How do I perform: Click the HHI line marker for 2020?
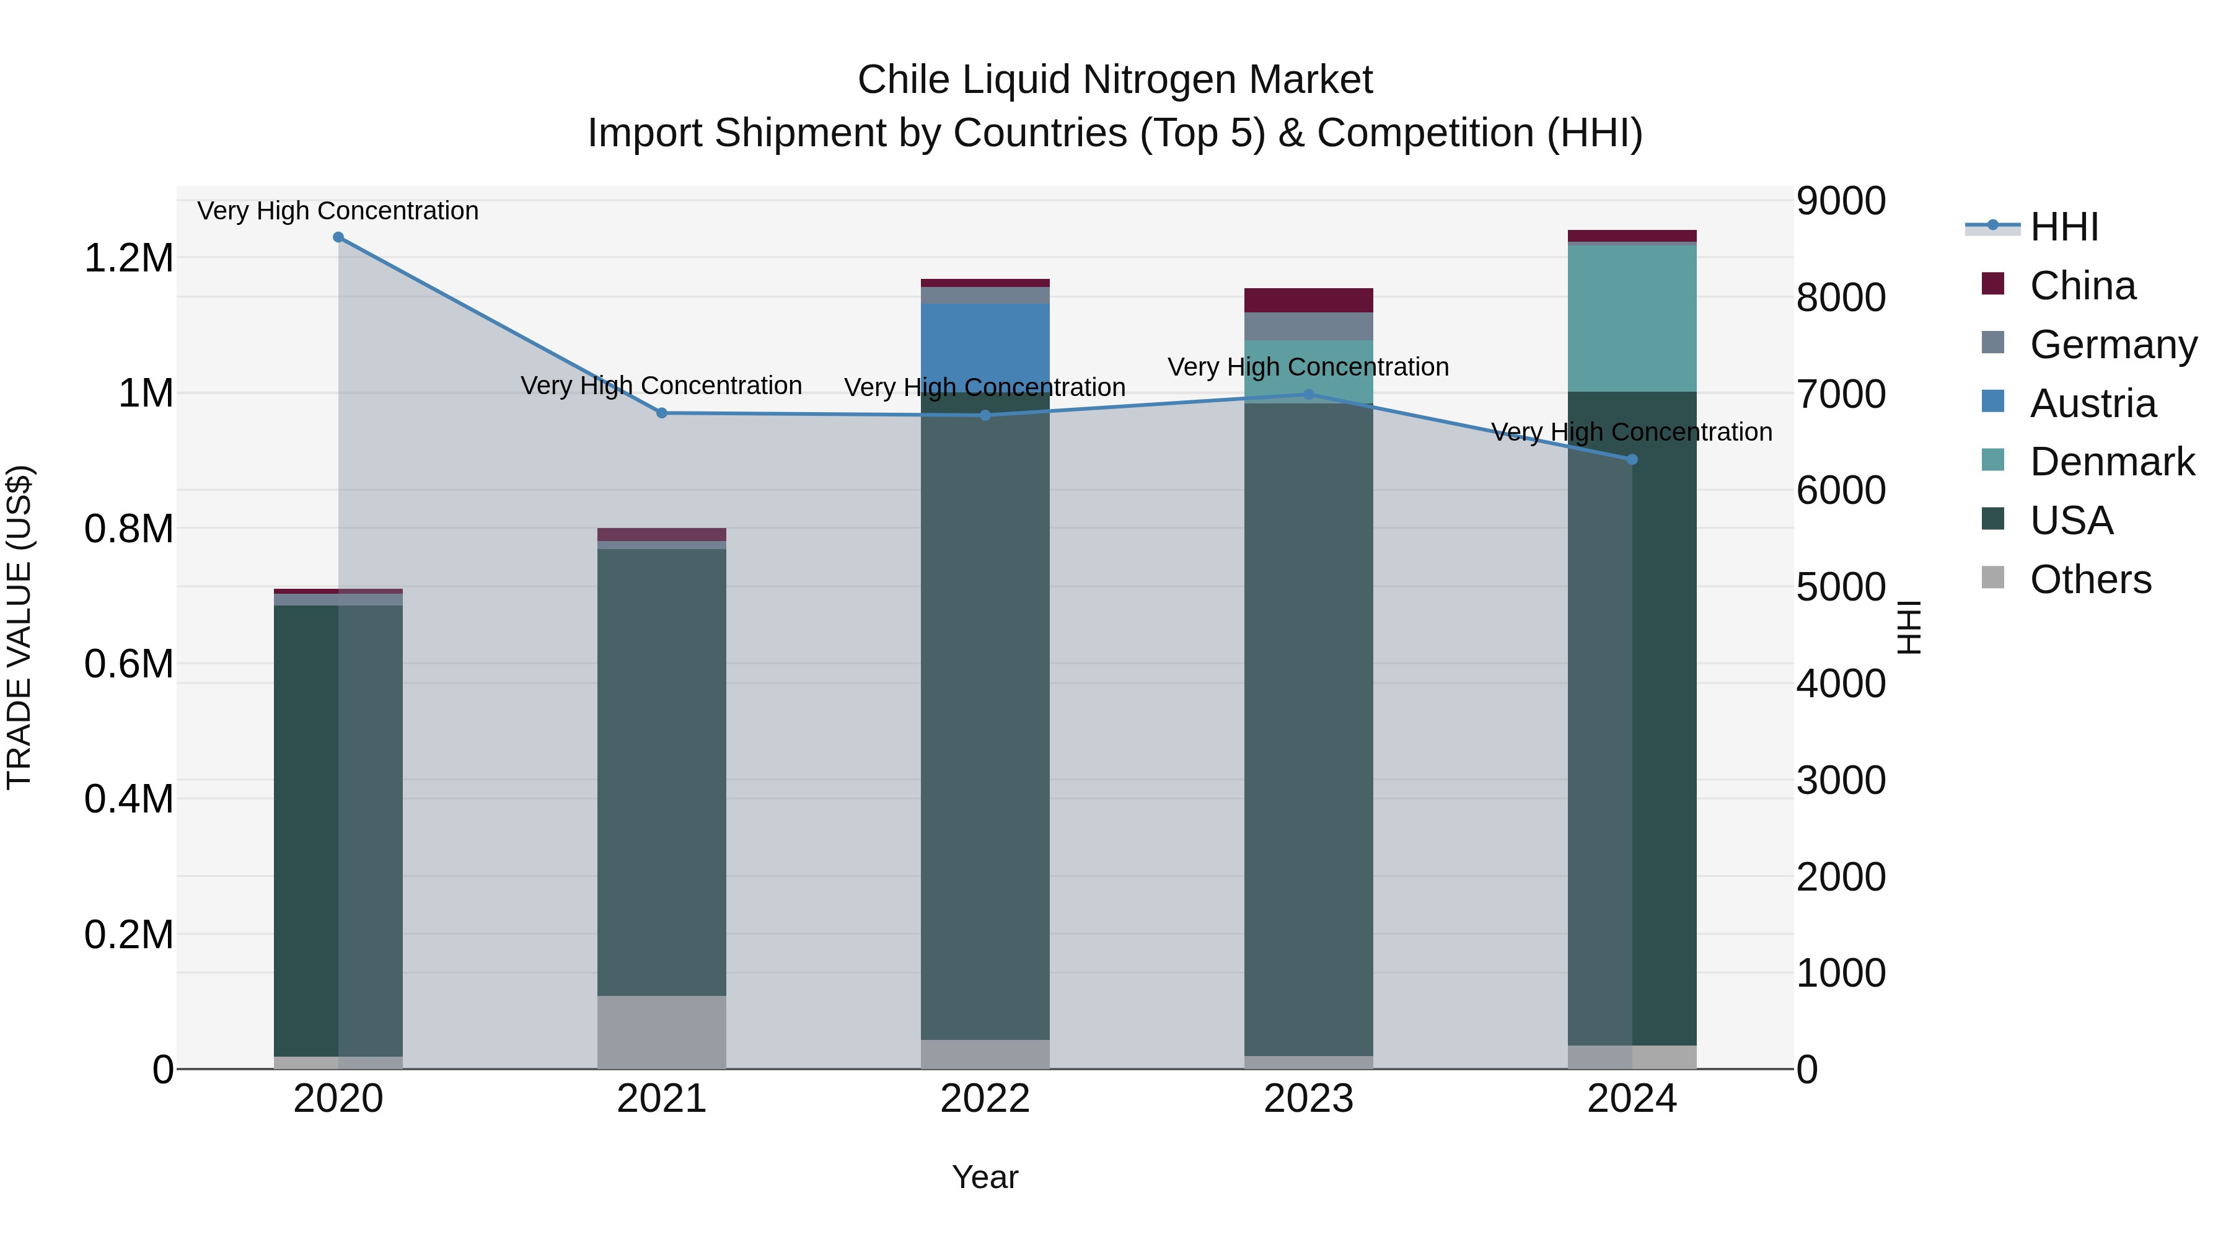point(338,237)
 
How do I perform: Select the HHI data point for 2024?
point(1632,459)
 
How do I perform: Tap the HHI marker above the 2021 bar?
point(662,413)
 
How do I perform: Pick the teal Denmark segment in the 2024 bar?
point(1632,318)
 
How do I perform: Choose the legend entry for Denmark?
point(2111,462)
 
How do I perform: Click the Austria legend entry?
point(2092,403)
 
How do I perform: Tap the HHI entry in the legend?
point(2063,227)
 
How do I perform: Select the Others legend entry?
point(2089,579)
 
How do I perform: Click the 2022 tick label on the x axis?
point(985,1099)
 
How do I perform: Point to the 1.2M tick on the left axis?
point(128,258)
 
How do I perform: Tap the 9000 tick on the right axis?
point(1841,201)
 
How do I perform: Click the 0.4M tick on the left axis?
point(128,799)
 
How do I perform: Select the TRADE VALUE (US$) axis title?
point(19,627)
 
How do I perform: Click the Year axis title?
point(985,1177)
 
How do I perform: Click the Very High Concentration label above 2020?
point(338,211)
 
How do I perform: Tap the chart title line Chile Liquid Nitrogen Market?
point(1115,80)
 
